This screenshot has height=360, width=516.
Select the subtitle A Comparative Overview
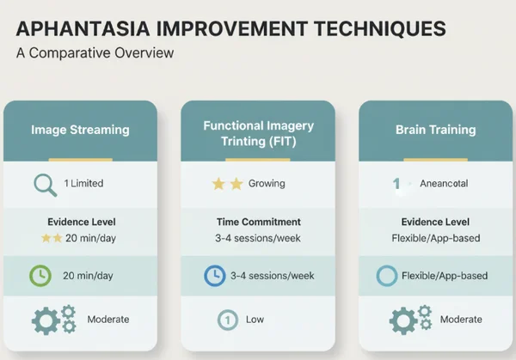[95, 53]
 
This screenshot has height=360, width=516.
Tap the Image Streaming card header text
[80, 131]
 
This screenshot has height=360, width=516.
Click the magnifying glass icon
[44, 184]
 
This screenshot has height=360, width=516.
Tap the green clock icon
[41, 276]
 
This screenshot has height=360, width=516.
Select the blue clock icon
[214, 276]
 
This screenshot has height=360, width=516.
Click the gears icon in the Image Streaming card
[54, 320]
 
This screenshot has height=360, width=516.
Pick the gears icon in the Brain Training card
[405, 320]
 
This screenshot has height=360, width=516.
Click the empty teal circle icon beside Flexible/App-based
[388, 276]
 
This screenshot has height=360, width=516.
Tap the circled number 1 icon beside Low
[228, 320]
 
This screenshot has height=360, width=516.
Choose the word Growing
[267, 184]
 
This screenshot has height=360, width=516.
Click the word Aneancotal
[445, 184]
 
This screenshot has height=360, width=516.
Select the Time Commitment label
[258, 221]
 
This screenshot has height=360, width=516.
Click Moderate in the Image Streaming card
[108, 320]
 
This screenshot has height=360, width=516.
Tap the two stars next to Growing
[227, 184]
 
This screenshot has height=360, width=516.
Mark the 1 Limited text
[85, 184]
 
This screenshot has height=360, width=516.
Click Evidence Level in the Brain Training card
[434, 221]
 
